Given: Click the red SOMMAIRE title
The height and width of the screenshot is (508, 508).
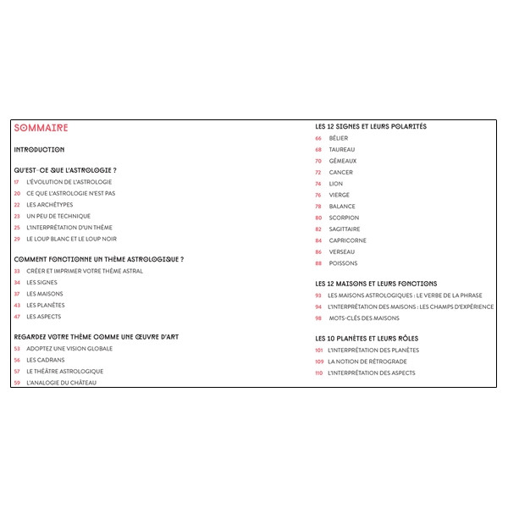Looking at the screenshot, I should click(x=41, y=129).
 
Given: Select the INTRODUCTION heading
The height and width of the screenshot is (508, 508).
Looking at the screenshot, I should click(x=39, y=150).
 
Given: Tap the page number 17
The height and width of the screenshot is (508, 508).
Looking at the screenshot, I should click(x=17, y=182).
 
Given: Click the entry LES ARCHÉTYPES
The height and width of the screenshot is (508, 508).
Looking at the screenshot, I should click(x=50, y=205).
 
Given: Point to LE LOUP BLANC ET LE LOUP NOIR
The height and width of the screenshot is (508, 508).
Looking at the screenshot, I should click(x=72, y=239).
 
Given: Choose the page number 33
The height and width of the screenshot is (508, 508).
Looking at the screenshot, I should click(x=17, y=272).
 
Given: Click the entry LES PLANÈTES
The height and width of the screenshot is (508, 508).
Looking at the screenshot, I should click(x=46, y=306).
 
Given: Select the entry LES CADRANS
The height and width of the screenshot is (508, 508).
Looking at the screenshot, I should click(x=46, y=360).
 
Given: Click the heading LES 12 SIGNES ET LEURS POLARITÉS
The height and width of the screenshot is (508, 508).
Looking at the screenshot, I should click(x=371, y=127).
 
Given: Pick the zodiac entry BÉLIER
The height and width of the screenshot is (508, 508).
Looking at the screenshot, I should click(x=339, y=138).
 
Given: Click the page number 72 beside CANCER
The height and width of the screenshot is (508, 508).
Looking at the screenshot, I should click(x=318, y=173).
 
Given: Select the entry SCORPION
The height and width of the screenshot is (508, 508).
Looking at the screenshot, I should click(x=344, y=218).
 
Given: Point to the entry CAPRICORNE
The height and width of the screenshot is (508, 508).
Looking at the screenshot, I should click(x=348, y=240).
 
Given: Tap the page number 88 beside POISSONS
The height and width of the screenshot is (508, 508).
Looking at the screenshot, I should click(x=318, y=263).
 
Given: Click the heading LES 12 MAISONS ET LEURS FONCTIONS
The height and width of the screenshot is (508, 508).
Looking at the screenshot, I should click(x=376, y=284).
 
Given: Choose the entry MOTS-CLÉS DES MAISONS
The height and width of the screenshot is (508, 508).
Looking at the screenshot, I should click(x=363, y=318).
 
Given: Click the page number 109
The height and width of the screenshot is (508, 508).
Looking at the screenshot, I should click(x=318, y=362).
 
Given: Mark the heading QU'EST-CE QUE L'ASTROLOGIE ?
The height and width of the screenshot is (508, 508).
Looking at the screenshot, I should click(x=65, y=171).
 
